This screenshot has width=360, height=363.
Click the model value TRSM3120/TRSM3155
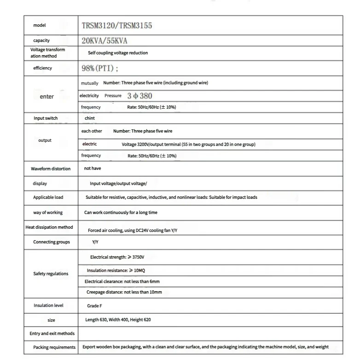[116, 26]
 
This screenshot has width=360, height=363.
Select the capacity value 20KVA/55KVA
[104, 40]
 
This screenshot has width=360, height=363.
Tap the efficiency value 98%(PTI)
[99, 69]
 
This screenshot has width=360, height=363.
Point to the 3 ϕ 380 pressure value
[139, 96]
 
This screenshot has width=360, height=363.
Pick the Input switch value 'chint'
[90, 118]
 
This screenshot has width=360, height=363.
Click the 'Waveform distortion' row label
[51, 169]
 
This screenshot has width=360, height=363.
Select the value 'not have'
[93, 168]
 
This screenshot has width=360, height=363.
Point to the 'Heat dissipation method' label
[49, 227]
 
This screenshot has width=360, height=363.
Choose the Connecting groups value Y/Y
[95, 242]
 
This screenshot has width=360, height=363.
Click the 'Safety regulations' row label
[51, 274]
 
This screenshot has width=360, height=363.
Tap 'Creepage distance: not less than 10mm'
[124, 292]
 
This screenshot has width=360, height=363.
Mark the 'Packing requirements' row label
[54, 347]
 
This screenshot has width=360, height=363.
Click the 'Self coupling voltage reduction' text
[118, 53]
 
